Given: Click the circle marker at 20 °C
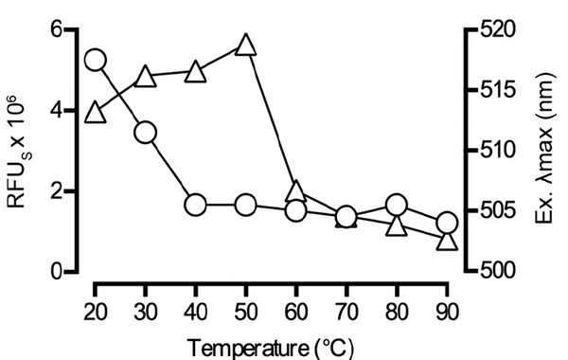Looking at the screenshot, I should point(95,60).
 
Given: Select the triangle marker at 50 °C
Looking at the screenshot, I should point(245,45).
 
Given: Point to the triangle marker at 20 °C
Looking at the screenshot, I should point(95,113).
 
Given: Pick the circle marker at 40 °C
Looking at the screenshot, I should point(195,205).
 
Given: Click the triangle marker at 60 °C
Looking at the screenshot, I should point(295,192).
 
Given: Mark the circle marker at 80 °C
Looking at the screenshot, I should point(396,205).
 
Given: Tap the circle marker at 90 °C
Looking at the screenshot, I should point(447,224).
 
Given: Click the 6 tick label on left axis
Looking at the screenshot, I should point(56,29).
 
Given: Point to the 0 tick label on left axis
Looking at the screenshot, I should point(56,273).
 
